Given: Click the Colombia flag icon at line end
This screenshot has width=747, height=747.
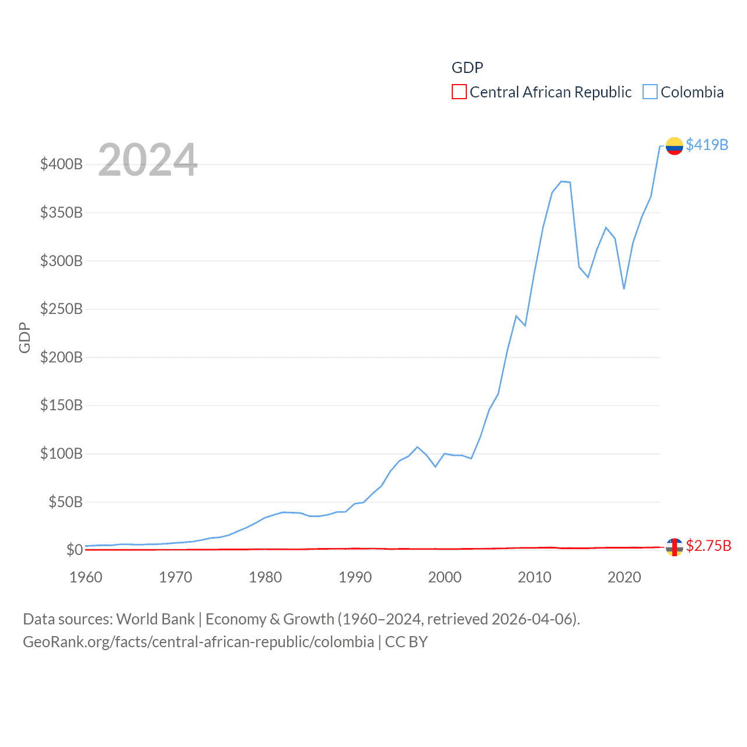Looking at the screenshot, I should [x=674, y=146].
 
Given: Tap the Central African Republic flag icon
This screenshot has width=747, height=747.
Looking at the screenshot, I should [x=674, y=547].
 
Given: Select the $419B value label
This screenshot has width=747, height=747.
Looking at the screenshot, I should [x=707, y=145].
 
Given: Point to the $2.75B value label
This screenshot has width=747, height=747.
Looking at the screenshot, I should [x=708, y=546].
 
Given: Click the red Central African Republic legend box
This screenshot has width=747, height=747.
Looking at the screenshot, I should [x=459, y=92].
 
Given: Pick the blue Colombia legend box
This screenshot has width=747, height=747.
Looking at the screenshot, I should [x=650, y=92].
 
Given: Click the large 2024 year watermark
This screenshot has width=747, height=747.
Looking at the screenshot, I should [x=148, y=160].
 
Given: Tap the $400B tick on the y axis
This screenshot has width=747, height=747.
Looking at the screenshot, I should [x=61, y=164].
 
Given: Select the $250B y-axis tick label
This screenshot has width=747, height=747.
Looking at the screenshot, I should [x=61, y=309].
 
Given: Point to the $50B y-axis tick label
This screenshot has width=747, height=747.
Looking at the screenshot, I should [x=65, y=502].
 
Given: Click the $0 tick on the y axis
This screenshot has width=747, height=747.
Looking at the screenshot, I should [x=74, y=550].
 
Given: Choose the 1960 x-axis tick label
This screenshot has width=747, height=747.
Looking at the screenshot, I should [x=86, y=577].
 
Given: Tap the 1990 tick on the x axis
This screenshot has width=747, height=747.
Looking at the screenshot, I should [x=355, y=577].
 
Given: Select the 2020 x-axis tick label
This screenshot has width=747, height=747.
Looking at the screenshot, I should [x=624, y=577].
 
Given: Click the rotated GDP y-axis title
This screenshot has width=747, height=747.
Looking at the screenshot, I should [x=25, y=337].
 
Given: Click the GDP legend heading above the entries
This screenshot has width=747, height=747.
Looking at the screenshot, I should [x=467, y=68].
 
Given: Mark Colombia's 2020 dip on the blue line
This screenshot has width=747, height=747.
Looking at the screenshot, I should [x=624, y=288].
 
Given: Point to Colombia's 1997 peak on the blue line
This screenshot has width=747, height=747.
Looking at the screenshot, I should [x=417, y=447].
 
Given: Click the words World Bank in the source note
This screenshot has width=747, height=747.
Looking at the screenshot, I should [x=155, y=619].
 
